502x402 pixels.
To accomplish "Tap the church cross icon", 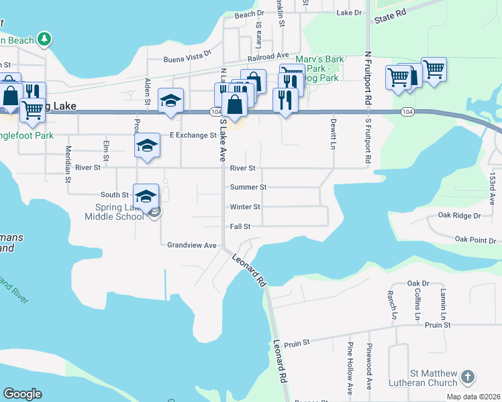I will (468, 378).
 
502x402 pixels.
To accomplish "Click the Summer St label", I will (248, 188).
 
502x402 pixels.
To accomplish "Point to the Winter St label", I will (245, 207).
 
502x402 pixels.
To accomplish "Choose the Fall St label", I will (240, 226).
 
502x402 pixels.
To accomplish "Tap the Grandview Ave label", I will (192, 245).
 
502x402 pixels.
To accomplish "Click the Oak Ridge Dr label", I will (460, 216).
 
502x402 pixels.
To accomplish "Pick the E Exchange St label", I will (193, 135).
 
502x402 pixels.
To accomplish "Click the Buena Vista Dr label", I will (188, 60).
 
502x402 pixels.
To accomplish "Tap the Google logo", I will (22, 394).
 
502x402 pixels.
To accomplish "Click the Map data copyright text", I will (474, 397).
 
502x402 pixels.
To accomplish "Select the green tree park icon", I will (44, 39).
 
